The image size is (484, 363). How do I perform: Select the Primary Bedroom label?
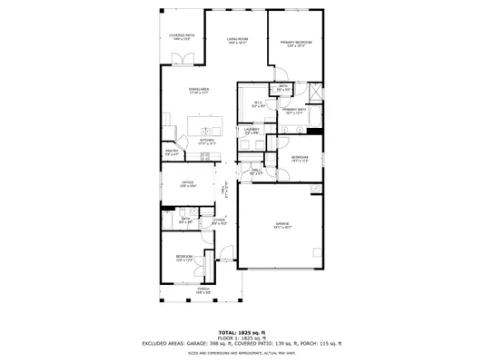pos(296,44)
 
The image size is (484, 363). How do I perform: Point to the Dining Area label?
pos(200,90)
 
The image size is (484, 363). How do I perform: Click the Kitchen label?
pos(207,141)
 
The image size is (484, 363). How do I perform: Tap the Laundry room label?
pos(252,132)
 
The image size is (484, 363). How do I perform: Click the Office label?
pos(188,183)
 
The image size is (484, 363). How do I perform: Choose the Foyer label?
pos(219,221)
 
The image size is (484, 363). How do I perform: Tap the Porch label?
pos(203,290)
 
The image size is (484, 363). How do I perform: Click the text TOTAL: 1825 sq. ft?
pos(242,333)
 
